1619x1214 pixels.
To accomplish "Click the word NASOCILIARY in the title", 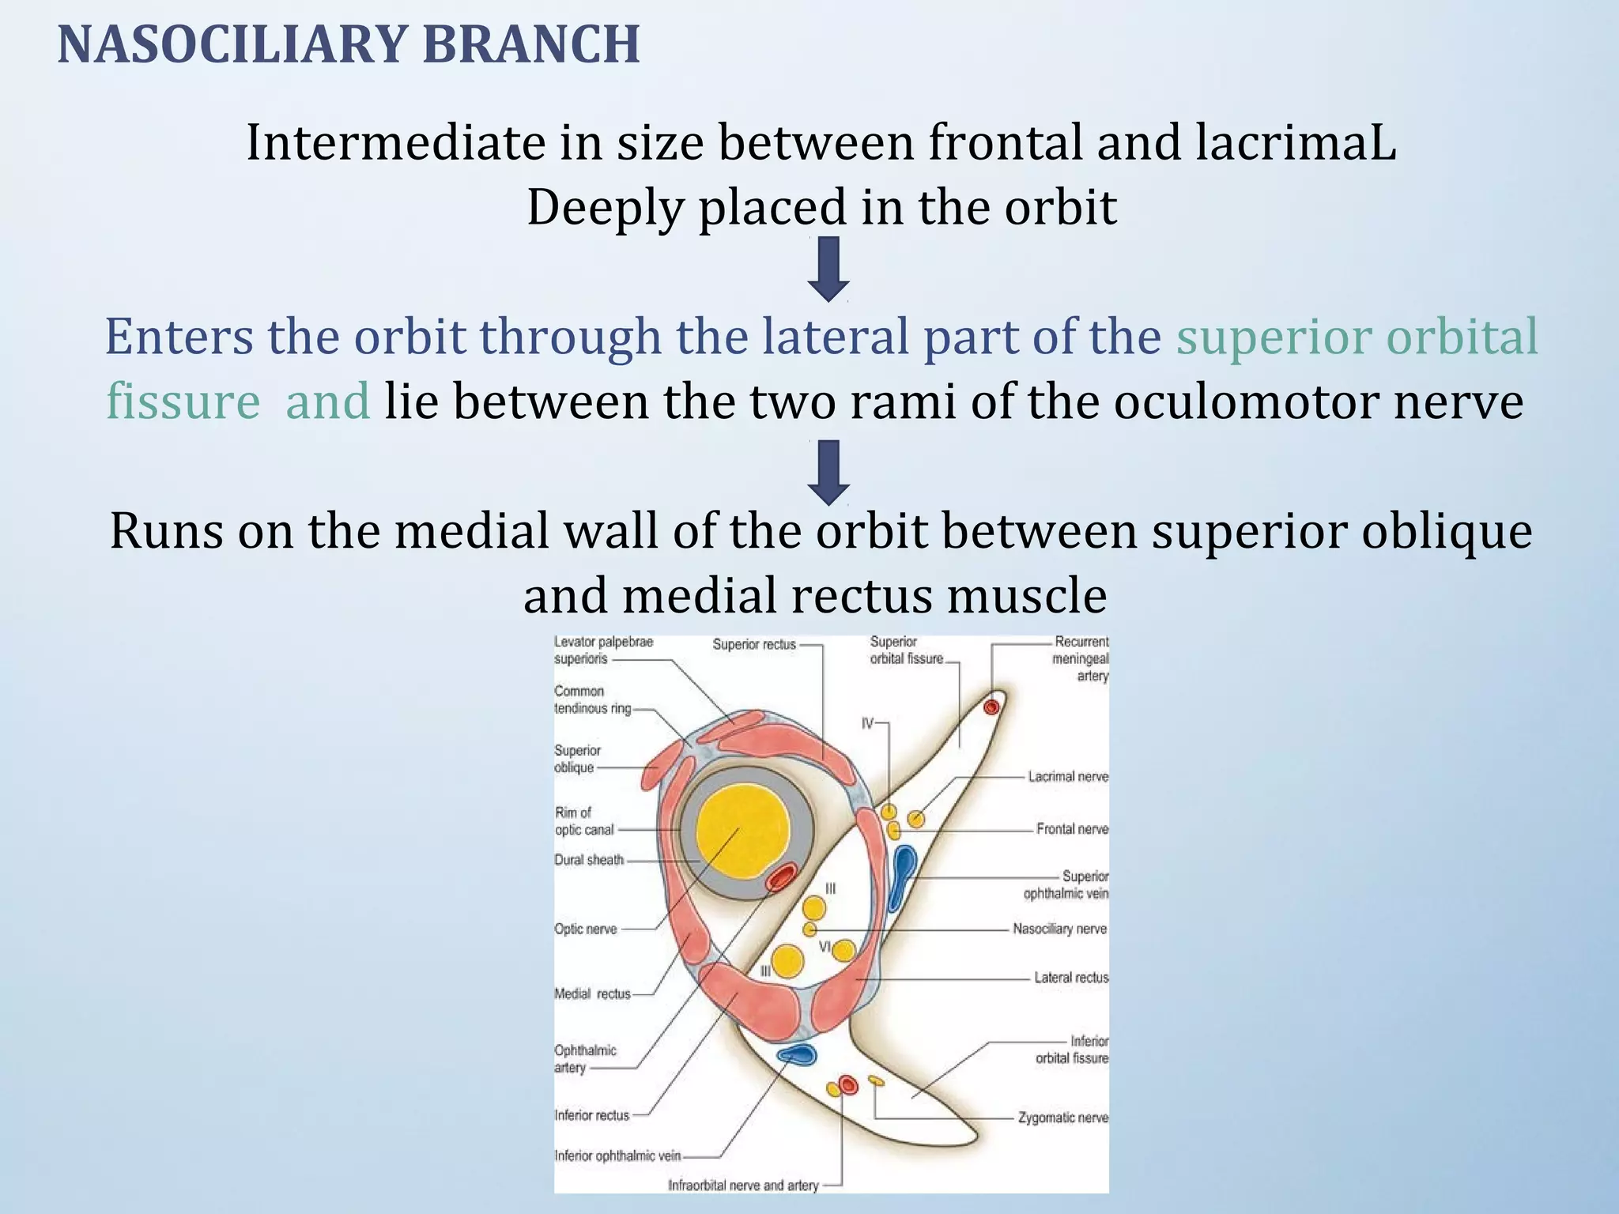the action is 234,45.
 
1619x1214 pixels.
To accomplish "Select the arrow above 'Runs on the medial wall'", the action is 828,473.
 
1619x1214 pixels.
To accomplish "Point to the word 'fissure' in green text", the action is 183,402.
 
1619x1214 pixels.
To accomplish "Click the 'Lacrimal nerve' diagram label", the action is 1067,777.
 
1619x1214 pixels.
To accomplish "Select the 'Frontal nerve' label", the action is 1072,829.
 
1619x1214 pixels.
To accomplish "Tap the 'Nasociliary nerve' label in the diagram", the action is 1059,929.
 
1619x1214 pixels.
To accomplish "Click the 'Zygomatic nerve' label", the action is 1062,1118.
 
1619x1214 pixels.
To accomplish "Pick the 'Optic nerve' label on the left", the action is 585,929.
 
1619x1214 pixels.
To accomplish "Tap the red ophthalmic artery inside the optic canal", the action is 783,878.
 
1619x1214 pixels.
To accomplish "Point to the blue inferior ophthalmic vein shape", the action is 796,1054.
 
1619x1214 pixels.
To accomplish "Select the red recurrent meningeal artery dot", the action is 991,706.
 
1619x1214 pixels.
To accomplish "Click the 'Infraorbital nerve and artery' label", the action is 743,1185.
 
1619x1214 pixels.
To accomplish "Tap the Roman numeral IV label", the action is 867,723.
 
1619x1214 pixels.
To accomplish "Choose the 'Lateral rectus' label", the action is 1071,978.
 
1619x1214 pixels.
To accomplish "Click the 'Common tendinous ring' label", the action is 591,699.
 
